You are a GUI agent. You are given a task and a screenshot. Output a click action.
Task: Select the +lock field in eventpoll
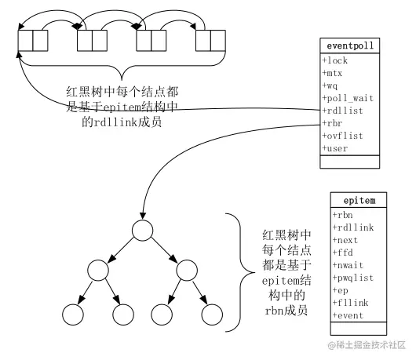click(x=336, y=60)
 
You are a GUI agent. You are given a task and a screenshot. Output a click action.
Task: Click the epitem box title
click(x=359, y=200)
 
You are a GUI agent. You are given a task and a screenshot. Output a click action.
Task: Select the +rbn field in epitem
click(x=342, y=214)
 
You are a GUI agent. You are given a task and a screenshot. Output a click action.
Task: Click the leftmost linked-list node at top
click(x=33, y=38)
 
